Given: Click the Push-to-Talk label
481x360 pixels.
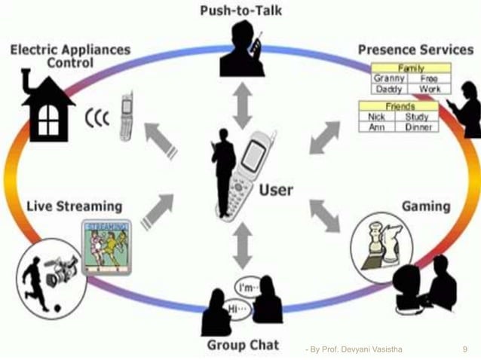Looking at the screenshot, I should (241, 11).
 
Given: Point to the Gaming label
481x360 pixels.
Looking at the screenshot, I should (426, 206).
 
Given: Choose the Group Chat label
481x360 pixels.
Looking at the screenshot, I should (243, 345).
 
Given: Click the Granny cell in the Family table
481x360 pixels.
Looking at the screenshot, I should (389, 78).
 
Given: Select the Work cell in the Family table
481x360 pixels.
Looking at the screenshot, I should (430, 88).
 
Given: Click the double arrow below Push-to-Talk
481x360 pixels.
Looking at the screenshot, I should (242, 105).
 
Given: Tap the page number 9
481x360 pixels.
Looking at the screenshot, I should (464, 349).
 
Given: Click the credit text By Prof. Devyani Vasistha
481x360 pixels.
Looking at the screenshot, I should (351, 349).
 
